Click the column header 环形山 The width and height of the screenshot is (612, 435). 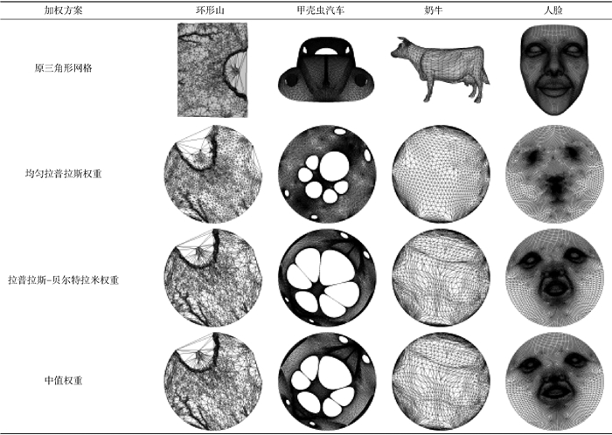(210, 10)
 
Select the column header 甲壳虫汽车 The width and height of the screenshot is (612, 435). (321, 10)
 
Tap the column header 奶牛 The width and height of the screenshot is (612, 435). (434, 10)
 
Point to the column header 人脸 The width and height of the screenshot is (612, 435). (553, 10)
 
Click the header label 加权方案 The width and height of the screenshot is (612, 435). (63, 10)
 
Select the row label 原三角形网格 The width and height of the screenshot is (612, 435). (63, 68)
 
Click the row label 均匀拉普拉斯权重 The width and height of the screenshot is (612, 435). (63, 174)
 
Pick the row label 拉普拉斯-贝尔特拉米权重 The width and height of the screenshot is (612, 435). (63, 280)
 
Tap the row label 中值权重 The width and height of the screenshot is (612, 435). (63, 381)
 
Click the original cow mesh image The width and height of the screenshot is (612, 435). (440, 69)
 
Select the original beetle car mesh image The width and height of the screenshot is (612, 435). (326, 69)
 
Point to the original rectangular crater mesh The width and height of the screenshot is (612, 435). (212, 70)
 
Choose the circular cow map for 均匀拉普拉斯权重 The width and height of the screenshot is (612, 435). (441, 174)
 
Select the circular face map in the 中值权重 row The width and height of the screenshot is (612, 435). (554, 381)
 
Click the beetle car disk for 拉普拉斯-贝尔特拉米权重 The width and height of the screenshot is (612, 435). (328, 278)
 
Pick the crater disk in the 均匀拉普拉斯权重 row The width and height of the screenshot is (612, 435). (213, 174)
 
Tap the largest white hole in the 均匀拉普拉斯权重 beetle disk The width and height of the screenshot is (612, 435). (335, 166)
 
